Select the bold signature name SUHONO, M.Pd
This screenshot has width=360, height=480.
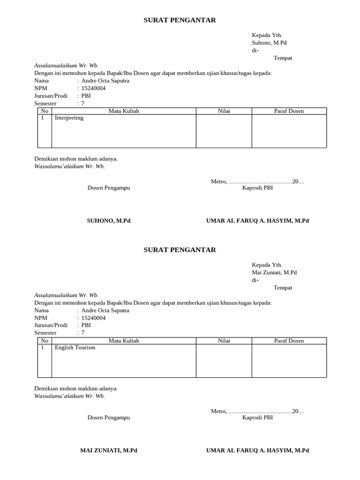pyautogui.click(x=109, y=221)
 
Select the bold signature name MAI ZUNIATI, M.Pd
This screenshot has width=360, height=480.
pyautogui.click(x=109, y=450)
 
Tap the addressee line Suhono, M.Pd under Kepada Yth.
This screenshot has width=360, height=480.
pyautogui.click(x=269, y=43)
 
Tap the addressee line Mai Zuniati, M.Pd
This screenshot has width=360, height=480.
pyautogui.click(x=274, y=272)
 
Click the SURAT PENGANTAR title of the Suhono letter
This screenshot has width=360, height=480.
pyautogui.click(x=180, y=20)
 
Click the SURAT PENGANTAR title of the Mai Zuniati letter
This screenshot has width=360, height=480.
pyautogui.click(x=180, y=250)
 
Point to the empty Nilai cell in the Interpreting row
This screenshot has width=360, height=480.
pyautogui.click(x=224, y=131)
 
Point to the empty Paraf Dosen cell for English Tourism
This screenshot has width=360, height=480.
pyautogui.click(x=289, y=361)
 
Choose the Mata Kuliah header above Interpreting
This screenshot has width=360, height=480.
pyautogui.click(x=124, y=111)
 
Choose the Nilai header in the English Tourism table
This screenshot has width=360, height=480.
pyautogui.click(x=224, y=341)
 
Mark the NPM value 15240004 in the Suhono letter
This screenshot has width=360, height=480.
pyautogui.click(x=93, y=88)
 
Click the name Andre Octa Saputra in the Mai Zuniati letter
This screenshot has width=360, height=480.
pyautogui.click(x=105, y=310)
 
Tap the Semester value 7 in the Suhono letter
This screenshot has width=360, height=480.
pyautogui.click(x=83, y=103)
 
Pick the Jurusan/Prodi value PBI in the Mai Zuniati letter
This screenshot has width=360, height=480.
pyautogui.click(x=86, y=325)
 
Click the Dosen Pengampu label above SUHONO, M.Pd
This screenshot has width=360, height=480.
pyautogui.click(x=109, y=188)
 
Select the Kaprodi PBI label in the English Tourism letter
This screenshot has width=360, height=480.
pyautogui.click(x=257, y=418)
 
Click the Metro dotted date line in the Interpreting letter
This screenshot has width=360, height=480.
pyautogui.click(x=257, y=181)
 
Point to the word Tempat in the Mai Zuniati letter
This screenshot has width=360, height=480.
pyautogui.click(x=283, y=288)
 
